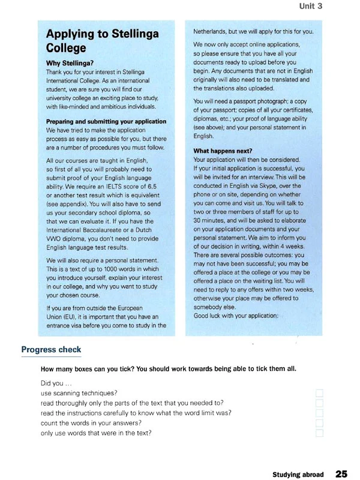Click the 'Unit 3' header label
tap(311, 7)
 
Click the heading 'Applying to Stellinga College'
tap(102, 40)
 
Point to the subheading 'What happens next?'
tap(223, 151)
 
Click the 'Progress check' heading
tap(51, 350)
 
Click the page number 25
tap(341, 473)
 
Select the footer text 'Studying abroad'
tap(298, 474)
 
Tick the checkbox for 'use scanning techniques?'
tap(319, 392)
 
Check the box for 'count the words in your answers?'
tap(319, 423)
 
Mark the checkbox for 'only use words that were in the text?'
tap(319, 433)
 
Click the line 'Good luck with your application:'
tap(236, 316)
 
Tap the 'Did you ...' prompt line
tap(56, 383)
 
